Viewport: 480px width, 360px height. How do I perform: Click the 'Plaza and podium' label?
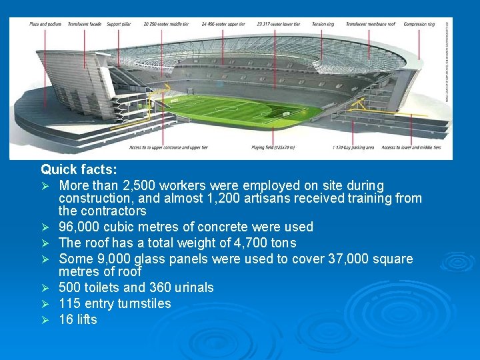(x=45, y=24)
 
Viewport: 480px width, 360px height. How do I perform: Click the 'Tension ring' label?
(x=323, y=24)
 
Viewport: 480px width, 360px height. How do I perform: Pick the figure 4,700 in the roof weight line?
(x=235, y=243)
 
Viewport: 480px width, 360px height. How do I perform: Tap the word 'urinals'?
(x=193, y=287)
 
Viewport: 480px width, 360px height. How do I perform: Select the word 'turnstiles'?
(x=144, y=303)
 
